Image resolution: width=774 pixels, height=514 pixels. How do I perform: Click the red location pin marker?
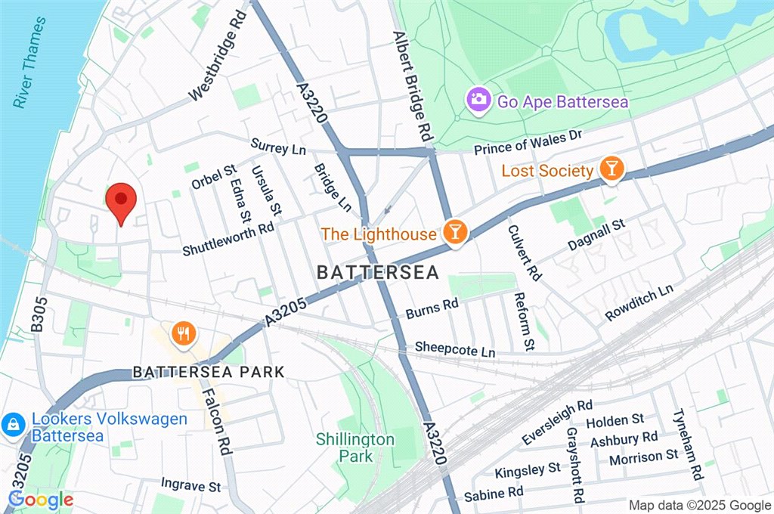pos(120,201)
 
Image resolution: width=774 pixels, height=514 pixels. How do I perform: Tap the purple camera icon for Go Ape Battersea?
pos(477,99)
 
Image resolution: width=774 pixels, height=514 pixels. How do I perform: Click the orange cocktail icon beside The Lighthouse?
pos(454,234)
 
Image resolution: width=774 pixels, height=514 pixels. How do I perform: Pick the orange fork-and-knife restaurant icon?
pos(182,333)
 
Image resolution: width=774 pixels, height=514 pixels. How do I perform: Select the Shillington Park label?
pos(355,447)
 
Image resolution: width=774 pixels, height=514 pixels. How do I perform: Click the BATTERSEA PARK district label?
pos(209,372)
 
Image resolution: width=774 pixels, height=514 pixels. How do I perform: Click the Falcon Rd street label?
pos(220,426)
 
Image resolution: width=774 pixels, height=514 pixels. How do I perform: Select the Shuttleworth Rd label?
pos(228,238)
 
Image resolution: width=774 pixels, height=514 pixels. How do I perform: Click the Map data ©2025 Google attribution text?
pos(699,505)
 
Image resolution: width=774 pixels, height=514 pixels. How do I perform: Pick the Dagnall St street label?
pos(597,235)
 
